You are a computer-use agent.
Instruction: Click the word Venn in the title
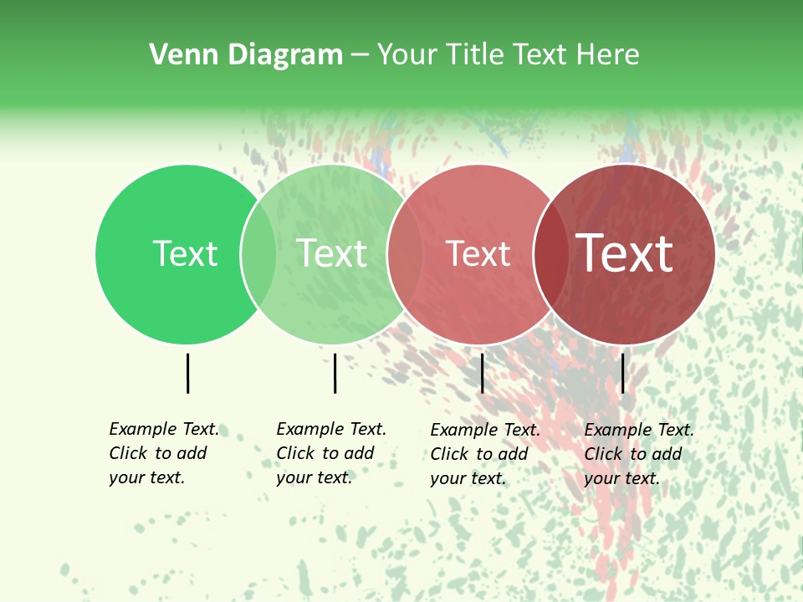click(x=178, y=55)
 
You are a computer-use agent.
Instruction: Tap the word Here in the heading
click(x=607, y=55)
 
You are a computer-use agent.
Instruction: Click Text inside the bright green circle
click(x=185, y=253)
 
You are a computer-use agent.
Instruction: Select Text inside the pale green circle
click(x=331, y=253)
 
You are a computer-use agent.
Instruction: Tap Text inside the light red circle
click(x=478, y=253)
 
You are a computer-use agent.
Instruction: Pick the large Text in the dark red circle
click(x=625, y=253)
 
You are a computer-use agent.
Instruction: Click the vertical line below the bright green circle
click(x=187, y=373)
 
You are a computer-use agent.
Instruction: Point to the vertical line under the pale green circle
click(x=335, y=373)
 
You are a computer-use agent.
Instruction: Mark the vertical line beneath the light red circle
click(x=482, y=373)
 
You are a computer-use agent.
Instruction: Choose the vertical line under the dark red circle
click(x=622, y=373)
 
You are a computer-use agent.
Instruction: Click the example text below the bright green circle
click(x=163, y=453)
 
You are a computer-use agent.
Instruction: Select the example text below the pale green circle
click(x=330, y=453)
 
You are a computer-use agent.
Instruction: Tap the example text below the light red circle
click(x=484, y=454)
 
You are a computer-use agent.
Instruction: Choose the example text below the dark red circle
click(x=638, y=454)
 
